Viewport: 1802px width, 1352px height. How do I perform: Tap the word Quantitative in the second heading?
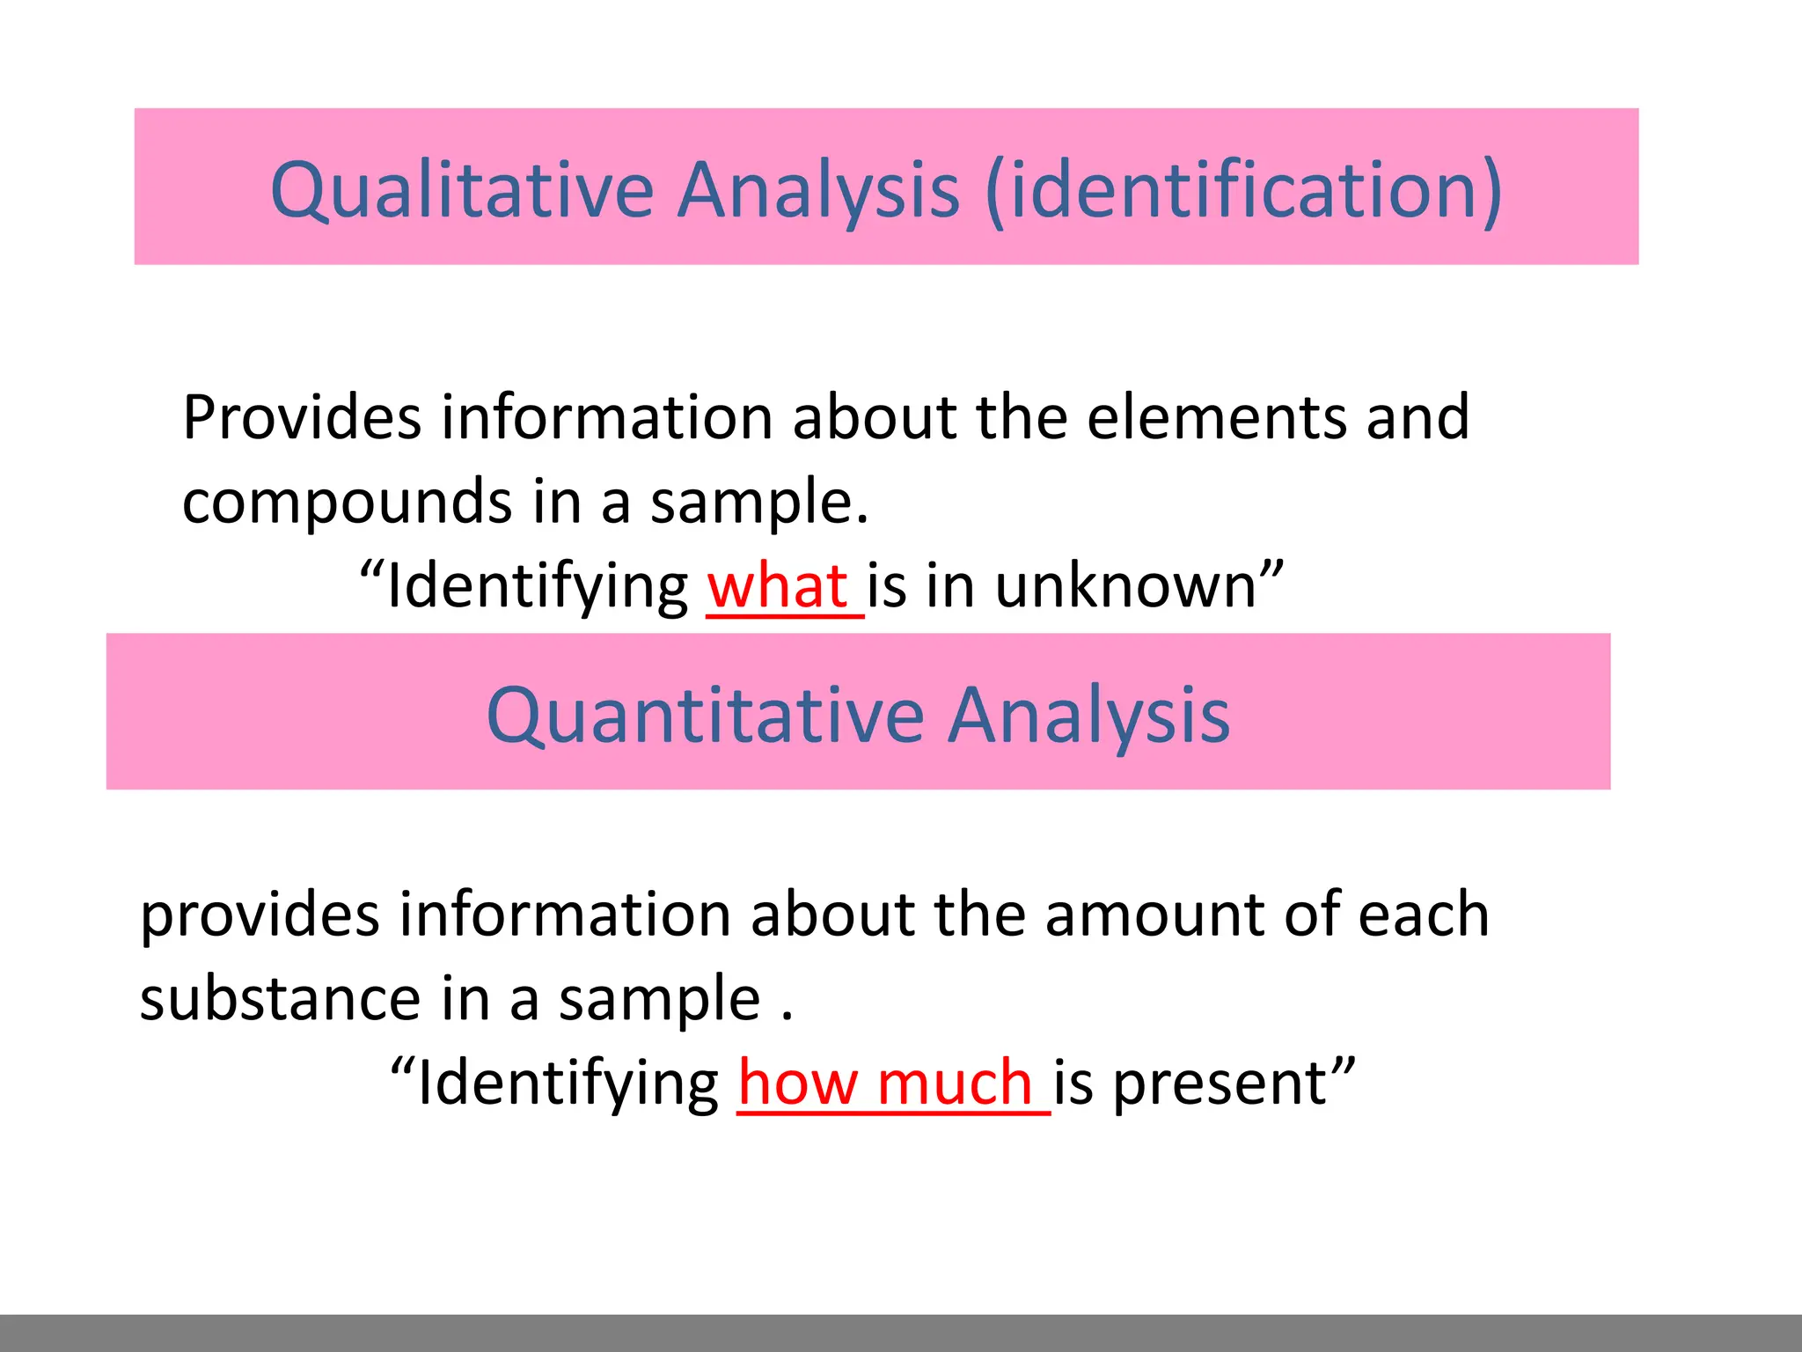pyautogui.click(x=705, y=715)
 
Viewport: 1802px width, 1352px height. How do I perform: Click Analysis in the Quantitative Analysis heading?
pyautogui.click(x=1088, y=715)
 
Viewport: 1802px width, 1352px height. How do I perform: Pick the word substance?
pyautogui.click(x=280, y=999)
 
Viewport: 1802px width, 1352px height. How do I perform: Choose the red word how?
pyautogui.click(x=798, y=1083)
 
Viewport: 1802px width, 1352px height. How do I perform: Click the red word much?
pyautogui.click(x=955, y=1083)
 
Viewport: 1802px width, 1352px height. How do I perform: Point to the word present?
pyautogui.click(x=1220, y=1084)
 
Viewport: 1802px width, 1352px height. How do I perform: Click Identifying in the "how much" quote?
pyautogui.click(x=568, y=1084)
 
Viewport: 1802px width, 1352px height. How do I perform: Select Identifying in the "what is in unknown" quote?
pyautogui.click(x=538, y=587)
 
